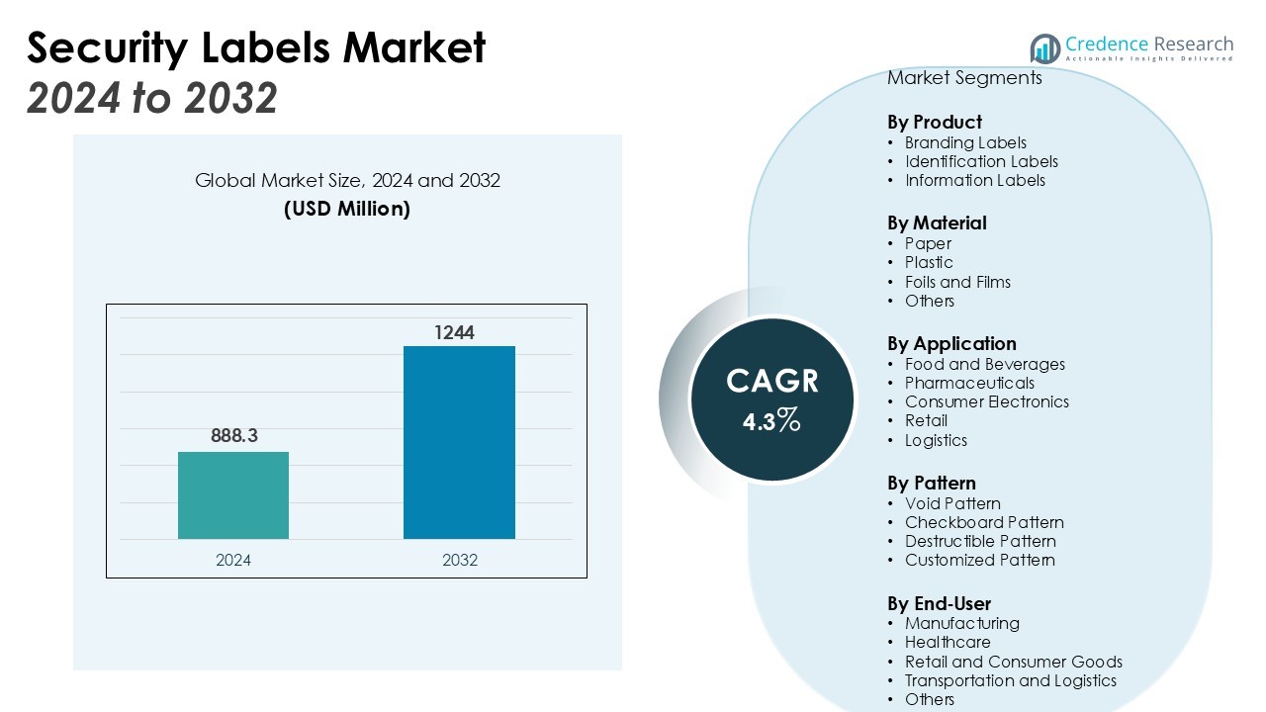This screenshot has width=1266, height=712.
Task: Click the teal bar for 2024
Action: coord(233,495)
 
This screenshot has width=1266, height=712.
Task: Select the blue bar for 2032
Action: coord(459,442)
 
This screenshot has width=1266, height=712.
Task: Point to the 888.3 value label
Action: coord(233,435)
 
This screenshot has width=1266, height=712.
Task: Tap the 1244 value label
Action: coord(454,333)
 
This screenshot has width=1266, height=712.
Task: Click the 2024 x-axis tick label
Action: coord(233,560)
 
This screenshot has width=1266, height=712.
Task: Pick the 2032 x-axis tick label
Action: coord(460,560)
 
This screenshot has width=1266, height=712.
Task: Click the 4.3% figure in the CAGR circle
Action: coord(771,421)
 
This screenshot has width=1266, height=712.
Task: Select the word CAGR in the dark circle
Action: coord(772,381)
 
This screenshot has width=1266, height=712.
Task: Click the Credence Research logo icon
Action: coord(1044,47)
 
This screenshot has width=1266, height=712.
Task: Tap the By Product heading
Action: coord(935,122)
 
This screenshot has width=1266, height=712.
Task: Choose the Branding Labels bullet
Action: coord(965,142)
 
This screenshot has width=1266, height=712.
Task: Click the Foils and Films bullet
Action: coord(957,282)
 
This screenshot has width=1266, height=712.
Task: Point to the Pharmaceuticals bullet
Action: coord(969,383)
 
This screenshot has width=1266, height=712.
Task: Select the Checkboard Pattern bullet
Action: coord(984,522)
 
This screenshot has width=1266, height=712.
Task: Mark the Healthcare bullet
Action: coord(948,642)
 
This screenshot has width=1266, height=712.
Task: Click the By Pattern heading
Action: coord(932,483)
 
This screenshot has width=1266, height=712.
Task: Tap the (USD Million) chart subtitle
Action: coord(347,209)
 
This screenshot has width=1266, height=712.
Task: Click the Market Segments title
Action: coord(964,78)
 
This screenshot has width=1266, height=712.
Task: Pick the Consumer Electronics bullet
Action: coord(986,401)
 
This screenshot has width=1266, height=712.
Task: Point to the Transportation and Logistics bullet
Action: coord(1010,680)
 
